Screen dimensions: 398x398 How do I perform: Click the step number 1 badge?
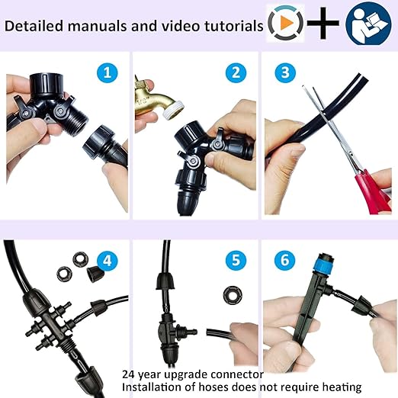point(108,73)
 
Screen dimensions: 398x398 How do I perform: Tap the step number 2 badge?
point(235,73)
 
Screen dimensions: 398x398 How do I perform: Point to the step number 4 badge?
point(108,261)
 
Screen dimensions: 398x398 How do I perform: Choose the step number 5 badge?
point(235,261)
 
